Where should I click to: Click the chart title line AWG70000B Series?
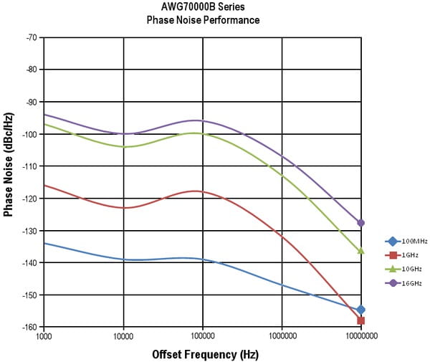(x=203, y=7)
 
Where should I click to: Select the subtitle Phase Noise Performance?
(x=203, y=20)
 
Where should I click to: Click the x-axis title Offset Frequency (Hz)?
(x=205, y=354)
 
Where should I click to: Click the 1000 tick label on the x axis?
(x=44, y=335)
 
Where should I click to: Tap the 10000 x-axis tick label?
(x=123, y=335)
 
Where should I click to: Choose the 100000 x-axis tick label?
(x=203, y=335)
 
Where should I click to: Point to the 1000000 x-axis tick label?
(x=282, y=335)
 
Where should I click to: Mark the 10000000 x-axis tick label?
(x=360, y=335)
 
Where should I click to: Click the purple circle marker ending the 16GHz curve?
(x=361, y=223)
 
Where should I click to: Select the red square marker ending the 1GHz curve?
(x=361, y=320)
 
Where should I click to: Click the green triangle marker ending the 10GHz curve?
(x=361, y=250)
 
